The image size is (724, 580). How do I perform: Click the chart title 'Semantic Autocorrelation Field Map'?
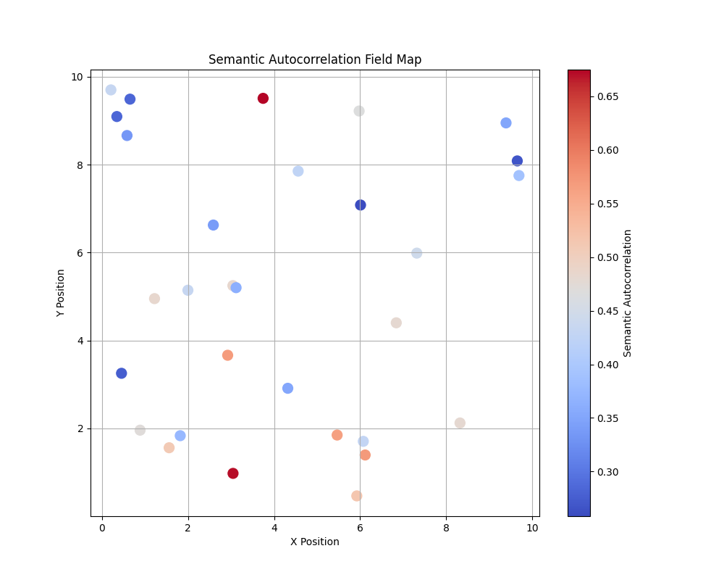[x=315, y=60]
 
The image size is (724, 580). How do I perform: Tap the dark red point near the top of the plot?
[x=263, y=99]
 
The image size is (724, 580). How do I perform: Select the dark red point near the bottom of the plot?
[x=233, y=473]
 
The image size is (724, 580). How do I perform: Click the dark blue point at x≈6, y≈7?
[x=361, y=205]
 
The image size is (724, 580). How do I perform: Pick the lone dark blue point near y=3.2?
[x=122, y=373]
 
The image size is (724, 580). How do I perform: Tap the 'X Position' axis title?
[x=315, y=542]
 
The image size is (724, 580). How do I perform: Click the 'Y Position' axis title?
[x=61, y=293]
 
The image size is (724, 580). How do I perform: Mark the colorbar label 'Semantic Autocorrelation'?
[x=628, y=293]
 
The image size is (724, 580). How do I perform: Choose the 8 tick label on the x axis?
[x=446, y=527]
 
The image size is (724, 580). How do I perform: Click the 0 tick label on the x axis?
[x=102, y=527]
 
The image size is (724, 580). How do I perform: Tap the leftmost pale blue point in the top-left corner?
[x=111, y=90]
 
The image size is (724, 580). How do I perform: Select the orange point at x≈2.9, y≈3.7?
[x=227, y=355]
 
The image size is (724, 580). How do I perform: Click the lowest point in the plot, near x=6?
[x=357, y=496]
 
